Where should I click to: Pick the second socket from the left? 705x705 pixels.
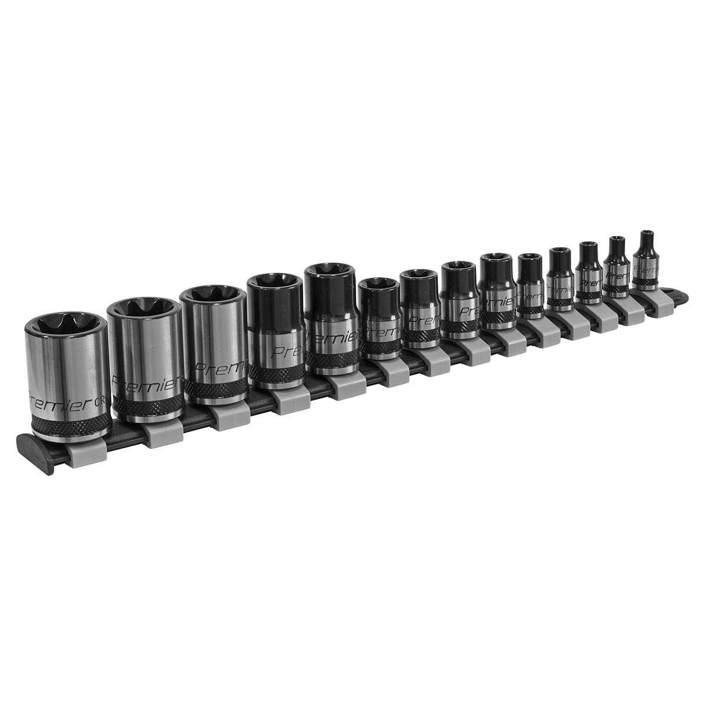pyautogui.click(x=142, y=358)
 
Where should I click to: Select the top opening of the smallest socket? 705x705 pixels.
pyautogui.click(x=647, y=234)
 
